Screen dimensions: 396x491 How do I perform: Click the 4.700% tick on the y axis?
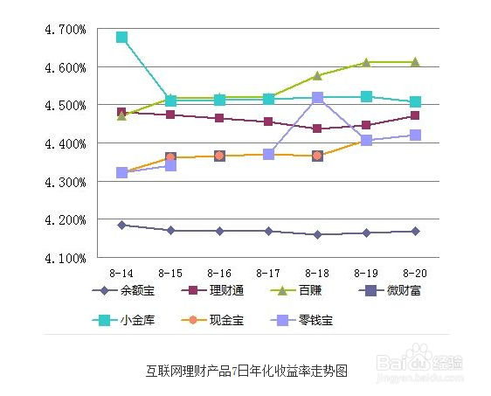(64, 29)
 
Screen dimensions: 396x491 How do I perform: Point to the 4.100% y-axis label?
(64, 259)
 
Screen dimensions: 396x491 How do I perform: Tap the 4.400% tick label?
(64, 143)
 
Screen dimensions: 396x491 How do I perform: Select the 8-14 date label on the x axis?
(121, 273)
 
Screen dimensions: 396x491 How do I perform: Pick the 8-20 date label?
(415, 273)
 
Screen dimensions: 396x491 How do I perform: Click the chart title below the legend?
(245, 371)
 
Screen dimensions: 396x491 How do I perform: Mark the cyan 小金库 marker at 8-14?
(121, 38)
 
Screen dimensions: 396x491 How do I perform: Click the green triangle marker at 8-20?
(415, 62)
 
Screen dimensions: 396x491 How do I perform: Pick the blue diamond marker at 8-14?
(121, 225)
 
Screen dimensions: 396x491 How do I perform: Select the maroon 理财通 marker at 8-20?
(415, 115)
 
